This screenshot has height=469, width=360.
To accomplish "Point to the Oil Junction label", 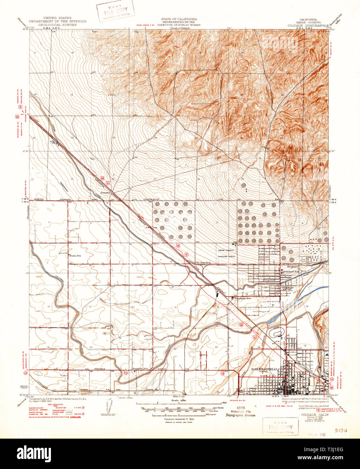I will pyautogui.click(x=203, y=262).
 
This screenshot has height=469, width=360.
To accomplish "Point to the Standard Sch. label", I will pyautogui.click(x=291, y=271).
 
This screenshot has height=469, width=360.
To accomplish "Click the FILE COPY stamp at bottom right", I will pyautogui.click(x=280, y=427).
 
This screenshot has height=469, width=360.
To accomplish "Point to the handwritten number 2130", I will pyautogui.click(x=342, y=431).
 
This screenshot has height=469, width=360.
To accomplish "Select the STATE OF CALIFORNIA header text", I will pyautogui.click(x=179, y=19).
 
